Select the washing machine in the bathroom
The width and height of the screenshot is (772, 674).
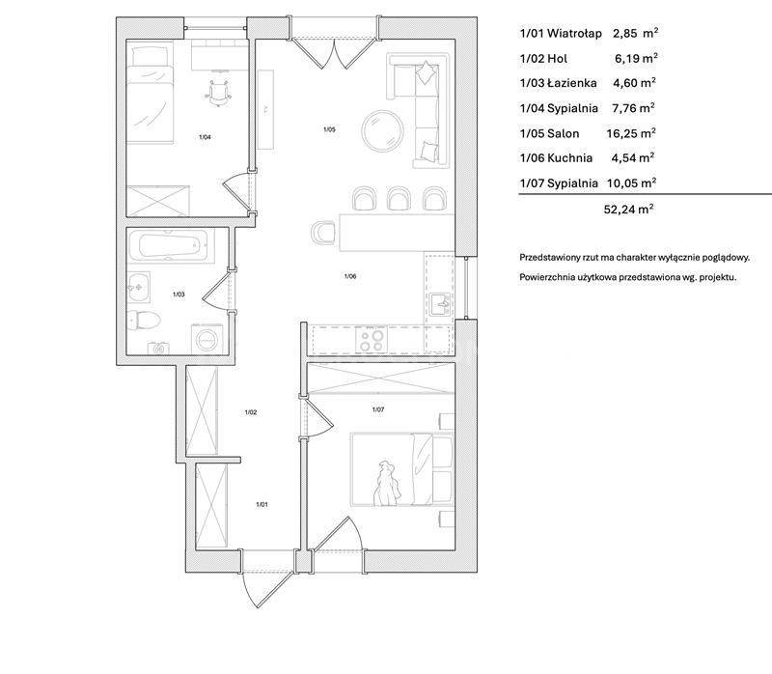coord(207,339)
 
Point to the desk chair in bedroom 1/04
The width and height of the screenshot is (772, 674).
coord(219,93)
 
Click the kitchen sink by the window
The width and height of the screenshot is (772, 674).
coord(440,304)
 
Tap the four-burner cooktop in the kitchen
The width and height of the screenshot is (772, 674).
coord(372,340)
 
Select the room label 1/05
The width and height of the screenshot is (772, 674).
coord(329,129)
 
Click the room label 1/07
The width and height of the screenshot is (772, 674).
coord(378,409)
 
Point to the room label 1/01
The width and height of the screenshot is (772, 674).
coord(262,504)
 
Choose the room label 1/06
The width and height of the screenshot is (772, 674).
coord(350,276)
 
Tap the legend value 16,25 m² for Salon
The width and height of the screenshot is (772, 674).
coord(631,133)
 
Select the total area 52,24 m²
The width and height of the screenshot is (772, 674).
coord(629,209)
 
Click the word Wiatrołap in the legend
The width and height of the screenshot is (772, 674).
coord(574,34)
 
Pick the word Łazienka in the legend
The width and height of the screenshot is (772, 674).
coord(571,83)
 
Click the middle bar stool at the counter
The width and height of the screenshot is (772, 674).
coord(399,199)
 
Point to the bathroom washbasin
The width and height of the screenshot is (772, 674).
coord(139,286)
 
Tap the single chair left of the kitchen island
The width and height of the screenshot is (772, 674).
coord(323,232)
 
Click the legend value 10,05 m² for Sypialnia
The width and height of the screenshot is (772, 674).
coord(632,183)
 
